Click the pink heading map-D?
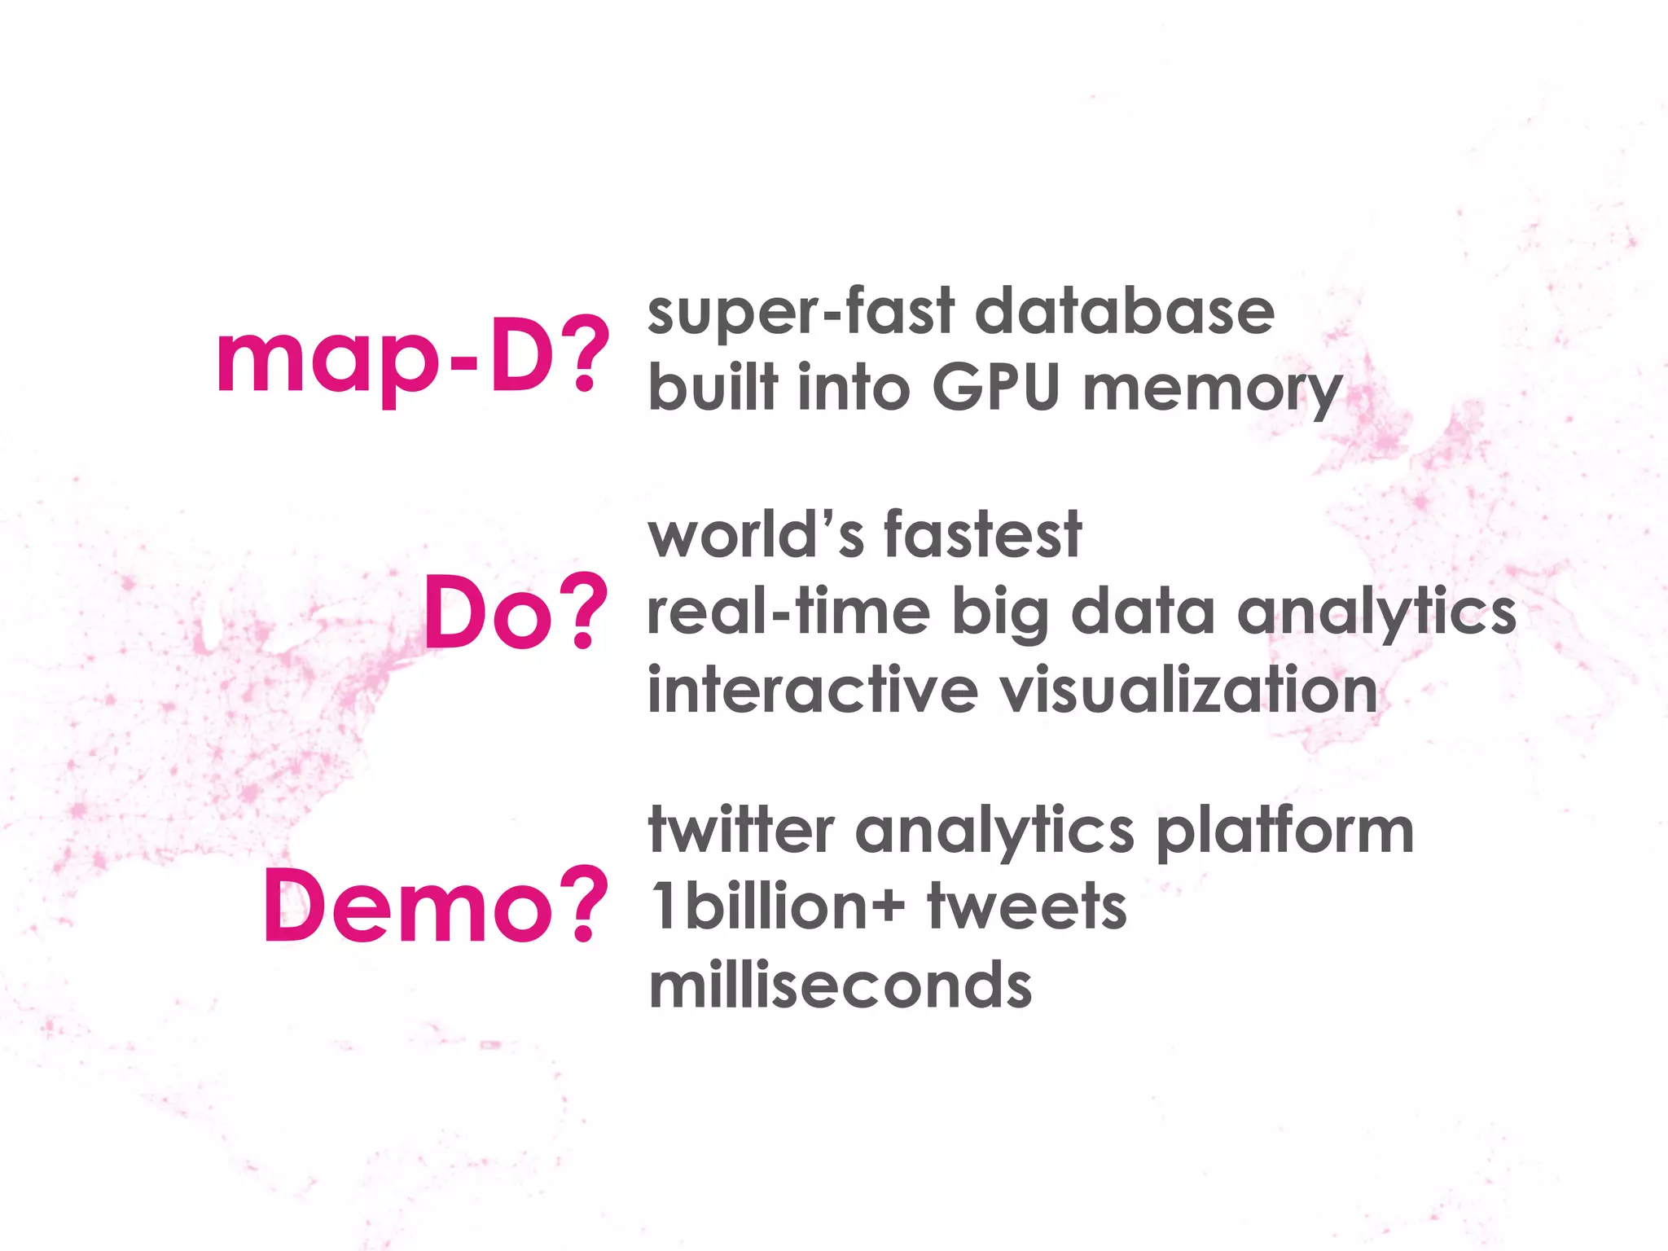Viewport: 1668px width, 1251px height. [x=411, y=357]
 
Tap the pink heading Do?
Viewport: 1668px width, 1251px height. [x=515, y=612]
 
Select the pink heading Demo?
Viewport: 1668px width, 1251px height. [x=435, y=906]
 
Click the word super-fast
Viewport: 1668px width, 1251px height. [x=801, y=312]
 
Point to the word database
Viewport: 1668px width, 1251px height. [x=1124, y=312]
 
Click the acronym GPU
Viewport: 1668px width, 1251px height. [x=995, y=388]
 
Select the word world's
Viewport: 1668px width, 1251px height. [x=755, y=535]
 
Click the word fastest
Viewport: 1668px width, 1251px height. [x=982, y=535]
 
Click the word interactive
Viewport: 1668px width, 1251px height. [x=812, y=690]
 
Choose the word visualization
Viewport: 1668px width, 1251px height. [x=1188, y=690]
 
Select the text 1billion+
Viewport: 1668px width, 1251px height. [x=778, y=906]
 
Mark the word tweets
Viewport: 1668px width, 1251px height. [x=1027, y=906]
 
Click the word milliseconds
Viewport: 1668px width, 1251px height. [x=840, y=985]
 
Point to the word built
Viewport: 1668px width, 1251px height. [x=713, y=388]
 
